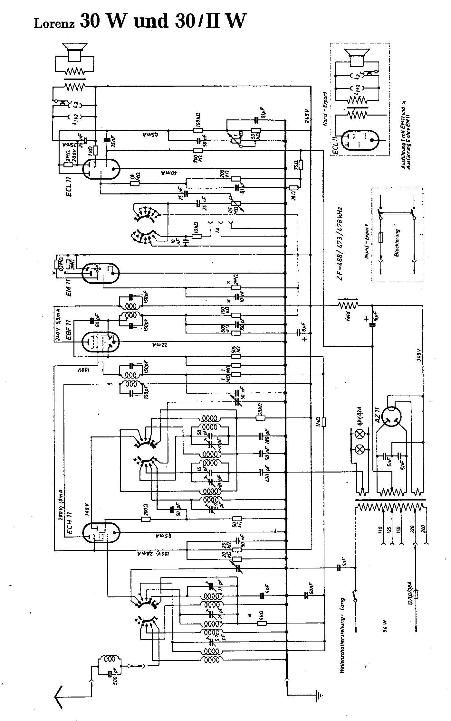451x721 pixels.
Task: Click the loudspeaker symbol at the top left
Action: point(75,51)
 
